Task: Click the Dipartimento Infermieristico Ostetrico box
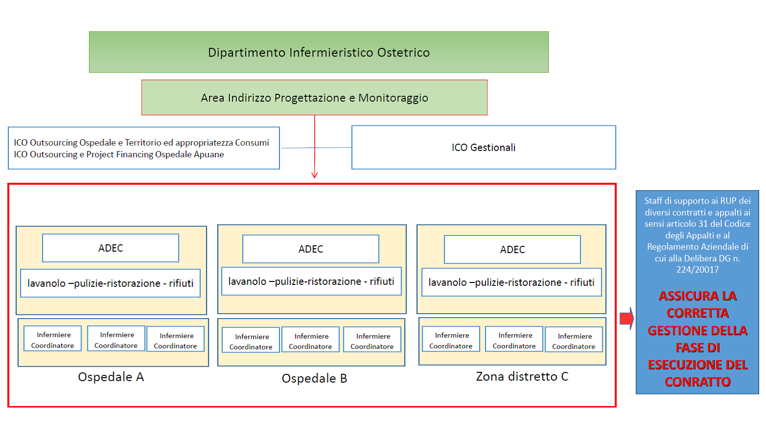[319, 52]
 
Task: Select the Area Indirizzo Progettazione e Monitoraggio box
[314, 98]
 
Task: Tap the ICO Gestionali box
[484, 148]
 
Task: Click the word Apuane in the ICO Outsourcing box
[209, 154]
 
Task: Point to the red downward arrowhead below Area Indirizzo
[315, 175]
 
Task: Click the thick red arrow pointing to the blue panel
[626, 319]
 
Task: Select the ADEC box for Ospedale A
[110, 248]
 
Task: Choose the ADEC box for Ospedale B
[311, 249]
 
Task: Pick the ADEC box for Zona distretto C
[512, 249]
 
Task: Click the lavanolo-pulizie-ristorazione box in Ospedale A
[110, 283]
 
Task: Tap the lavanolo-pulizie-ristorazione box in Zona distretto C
[511, 282]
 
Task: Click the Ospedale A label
[111, 377]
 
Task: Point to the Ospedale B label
[314, 378]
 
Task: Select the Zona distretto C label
[522, 376]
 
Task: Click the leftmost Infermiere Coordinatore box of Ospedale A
[53, 339]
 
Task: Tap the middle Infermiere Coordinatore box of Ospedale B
[311, 339]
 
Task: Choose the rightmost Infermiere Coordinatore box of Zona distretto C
[574, 339]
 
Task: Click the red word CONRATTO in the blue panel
[698, 382]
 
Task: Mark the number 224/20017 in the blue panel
[698, 270]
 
